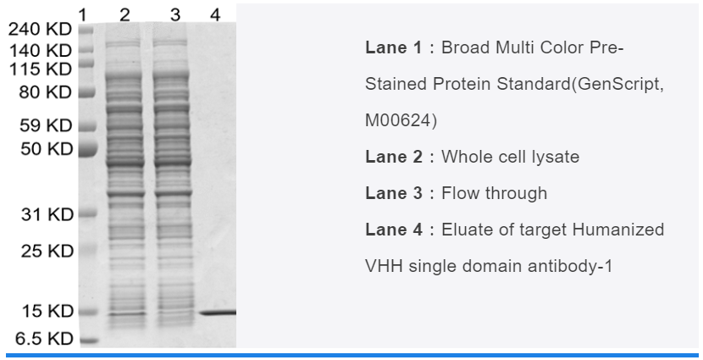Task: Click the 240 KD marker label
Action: [x=40, y=29]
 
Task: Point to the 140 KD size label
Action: [x=41, y=51]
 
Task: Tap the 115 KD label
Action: [x=41, y=69]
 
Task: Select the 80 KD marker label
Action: [x=45, y=92]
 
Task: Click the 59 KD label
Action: [x=46, y=125]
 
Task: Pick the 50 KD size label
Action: [x=47, y=149]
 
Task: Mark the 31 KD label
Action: [x=47, y=215]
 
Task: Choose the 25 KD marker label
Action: [x=47, y=251]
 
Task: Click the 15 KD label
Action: [x=47, y=311]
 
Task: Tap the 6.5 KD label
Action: [x=44, y=339]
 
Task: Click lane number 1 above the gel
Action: [x=82, y=15]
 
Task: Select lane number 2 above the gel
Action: [x=125, y=15]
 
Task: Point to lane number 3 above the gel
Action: [x=175, y=15]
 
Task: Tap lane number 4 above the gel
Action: [x=215, y=15]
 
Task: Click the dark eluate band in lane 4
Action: [x=218, y=313]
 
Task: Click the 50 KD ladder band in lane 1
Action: [x=88, y=148]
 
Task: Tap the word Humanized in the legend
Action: [x=617, y=230]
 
